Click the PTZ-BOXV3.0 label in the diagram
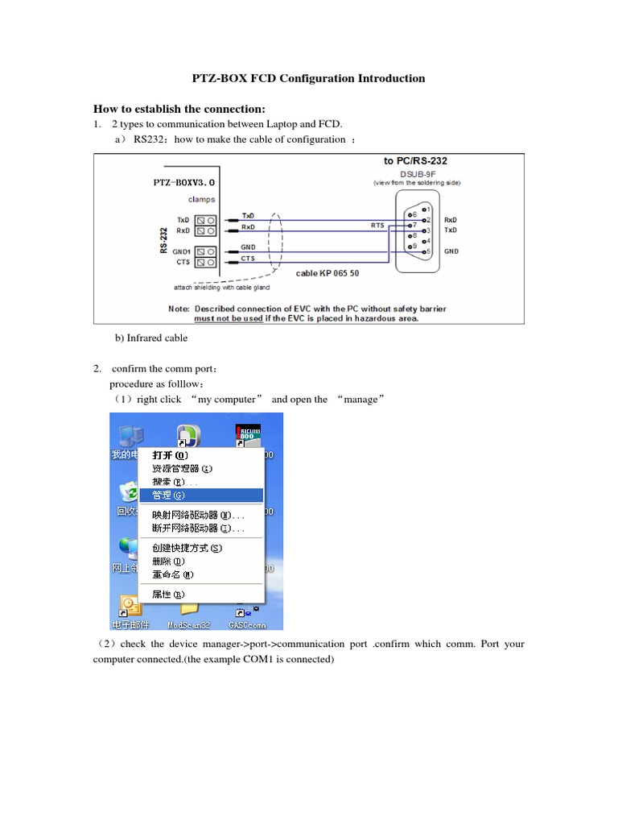(x=183, y=182)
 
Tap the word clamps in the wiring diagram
(x=201, y=198)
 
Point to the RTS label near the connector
(x=377, y=226)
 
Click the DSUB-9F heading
(x=415, y=173)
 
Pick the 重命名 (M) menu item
(x=172, y=574)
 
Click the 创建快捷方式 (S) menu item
(x=186, y=548)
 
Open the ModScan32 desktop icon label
(x=188, y=624)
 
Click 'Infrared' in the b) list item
(x=145, y=338)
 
